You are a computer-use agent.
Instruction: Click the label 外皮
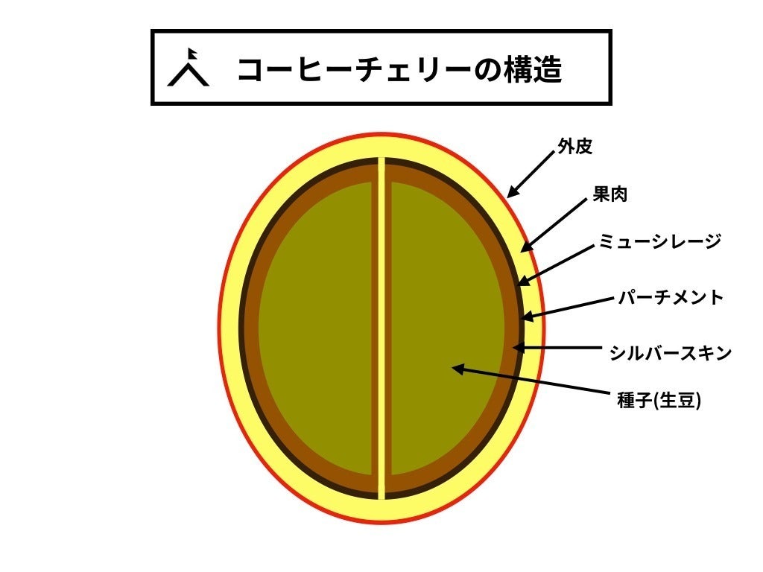point(574,147)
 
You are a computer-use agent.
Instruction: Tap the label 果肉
point(609,195)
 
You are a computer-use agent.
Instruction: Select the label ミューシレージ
point(660,241)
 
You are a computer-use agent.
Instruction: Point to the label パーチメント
point(671,298)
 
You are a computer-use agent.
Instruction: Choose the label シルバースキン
point(671,353)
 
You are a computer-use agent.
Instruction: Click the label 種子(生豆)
point(660,401)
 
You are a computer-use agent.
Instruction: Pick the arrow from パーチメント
point(570,308)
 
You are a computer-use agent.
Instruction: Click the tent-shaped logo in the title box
point(189,69)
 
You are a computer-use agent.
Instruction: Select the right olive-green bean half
point(447,328)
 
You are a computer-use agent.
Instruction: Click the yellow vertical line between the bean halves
point(381,328)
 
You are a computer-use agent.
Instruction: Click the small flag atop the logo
point(192,54)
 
